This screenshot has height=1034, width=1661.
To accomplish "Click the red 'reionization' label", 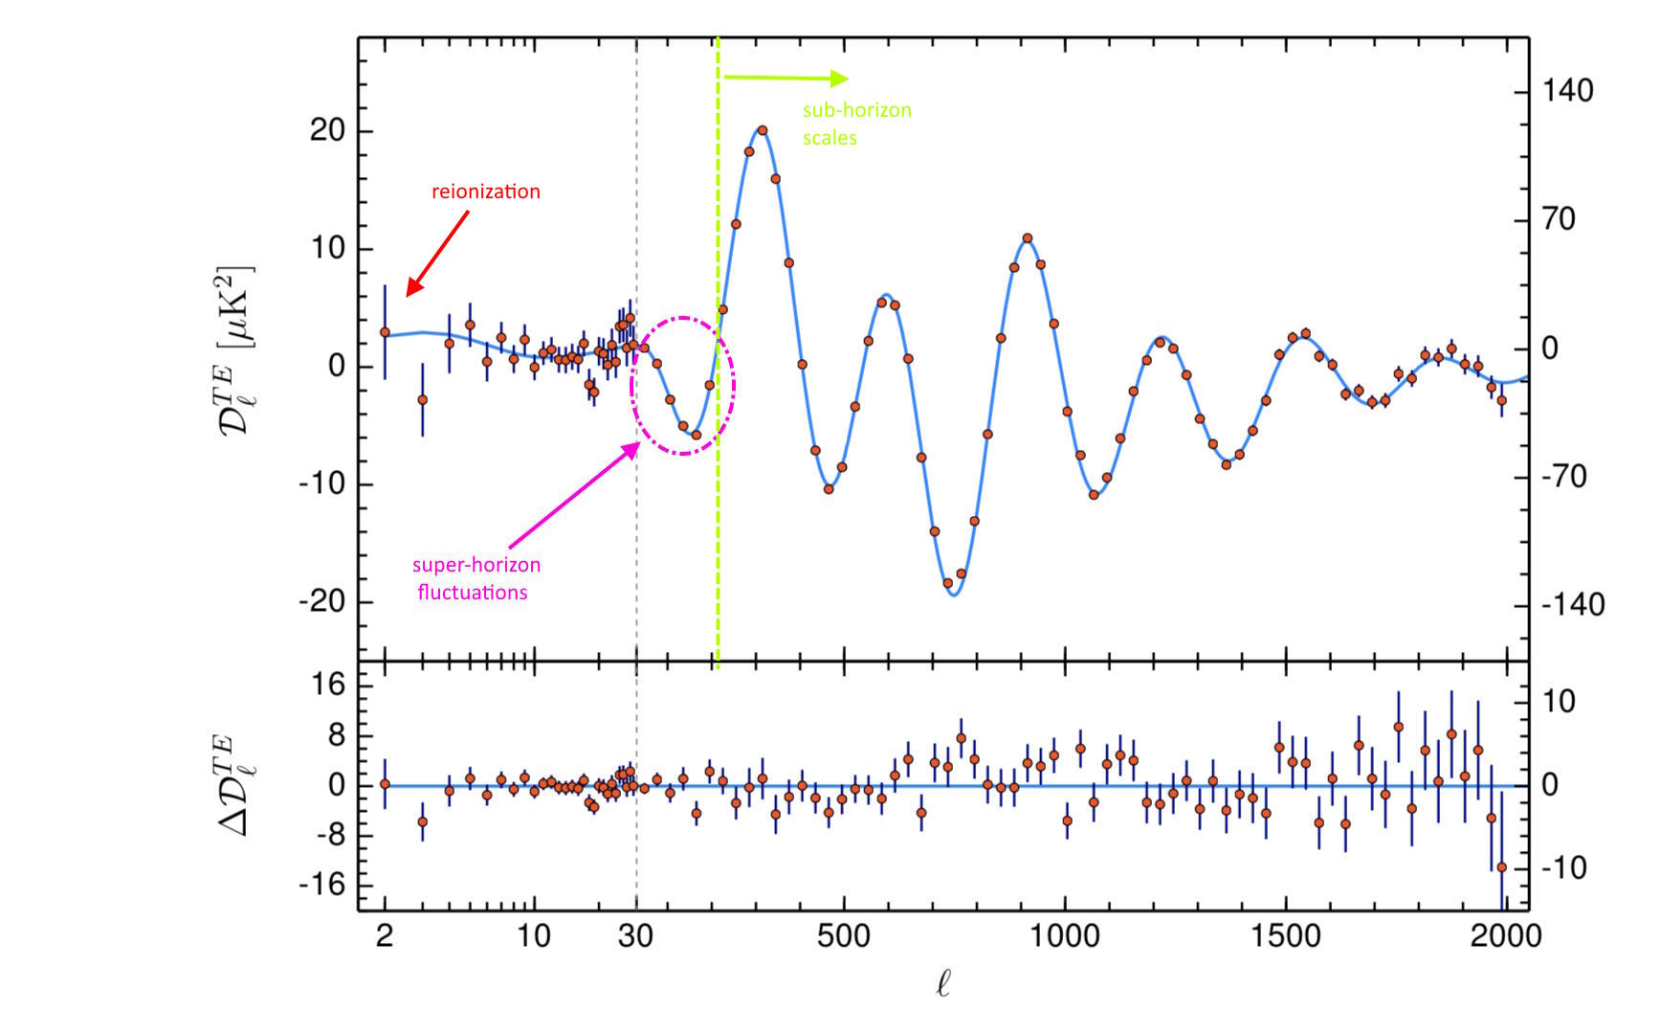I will [x=485, y=191].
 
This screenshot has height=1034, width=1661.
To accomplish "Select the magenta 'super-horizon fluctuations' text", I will [x=476, y=578].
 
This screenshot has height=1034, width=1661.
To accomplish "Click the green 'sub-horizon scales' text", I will [x=856, y=124].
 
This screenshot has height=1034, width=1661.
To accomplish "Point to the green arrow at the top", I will [x=785, y=78].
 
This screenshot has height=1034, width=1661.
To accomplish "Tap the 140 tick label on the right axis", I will [x=1567, y=91].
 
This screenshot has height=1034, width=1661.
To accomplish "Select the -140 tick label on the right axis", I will [x=1572, y=604].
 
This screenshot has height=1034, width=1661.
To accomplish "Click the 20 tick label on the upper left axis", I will [x=326, y=130].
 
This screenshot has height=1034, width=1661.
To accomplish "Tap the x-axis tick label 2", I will [x=385, y=934].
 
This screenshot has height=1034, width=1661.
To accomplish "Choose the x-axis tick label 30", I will [x=635, y=934].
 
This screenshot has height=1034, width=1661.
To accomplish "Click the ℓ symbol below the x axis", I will [x=942, y=983].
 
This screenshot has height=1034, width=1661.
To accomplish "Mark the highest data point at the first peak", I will [x=763, y=129].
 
